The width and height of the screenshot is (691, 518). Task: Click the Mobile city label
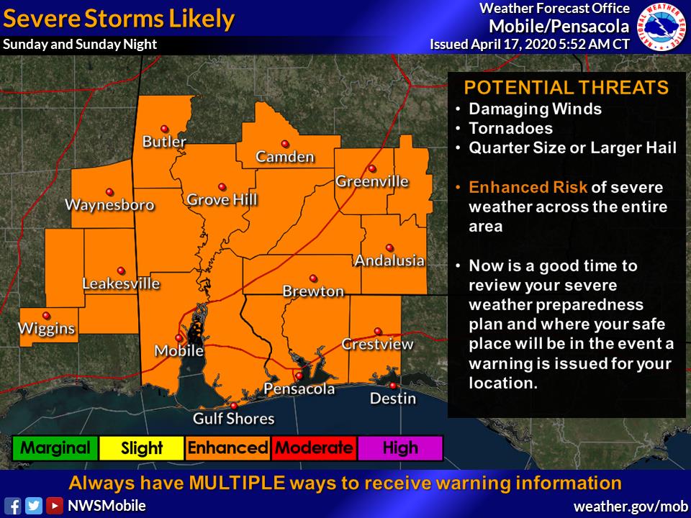point(179,351)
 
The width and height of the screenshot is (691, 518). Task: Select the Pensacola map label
point(299,389)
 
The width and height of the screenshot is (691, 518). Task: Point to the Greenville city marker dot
point(372,169)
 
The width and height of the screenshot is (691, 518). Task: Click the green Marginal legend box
point(55,448)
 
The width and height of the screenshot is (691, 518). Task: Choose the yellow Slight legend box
point(142,448)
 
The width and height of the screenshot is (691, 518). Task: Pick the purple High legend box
point(400,448)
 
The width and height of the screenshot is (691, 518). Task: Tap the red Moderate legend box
point(315,448)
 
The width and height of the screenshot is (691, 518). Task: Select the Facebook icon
point(12,506)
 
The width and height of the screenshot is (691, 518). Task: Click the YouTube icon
point(55,506)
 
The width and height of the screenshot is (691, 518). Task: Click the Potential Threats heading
point(566,88)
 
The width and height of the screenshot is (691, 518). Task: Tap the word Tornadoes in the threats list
point(510,129)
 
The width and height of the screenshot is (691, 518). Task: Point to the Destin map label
point(392,398)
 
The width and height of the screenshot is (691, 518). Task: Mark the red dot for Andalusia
point(389,246)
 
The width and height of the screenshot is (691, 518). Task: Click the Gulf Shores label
point(233,418)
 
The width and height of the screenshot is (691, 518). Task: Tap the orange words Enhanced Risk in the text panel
point(528,188)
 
